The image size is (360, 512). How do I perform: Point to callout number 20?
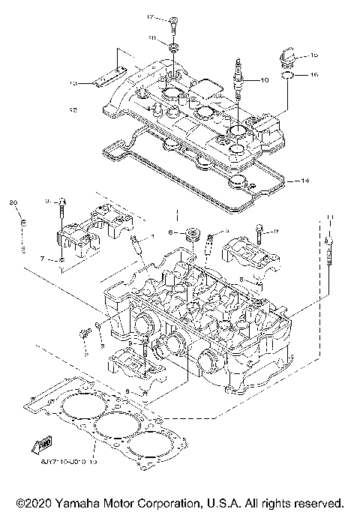pyautogui.click(x=12, y=203)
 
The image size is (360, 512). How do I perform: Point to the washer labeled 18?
pyautogui.click(x=172, y=49)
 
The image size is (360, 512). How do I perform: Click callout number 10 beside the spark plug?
pyautogui.click(x=264, y=79)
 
